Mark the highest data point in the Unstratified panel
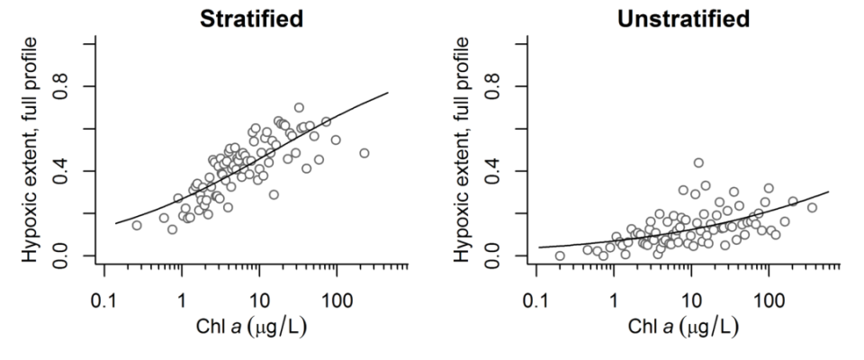pyautogui.click(x=698, y=163)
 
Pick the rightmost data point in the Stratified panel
pyautogui.click(x=364, y=153)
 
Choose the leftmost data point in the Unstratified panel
pyautogui.click(x=560, y=256)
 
